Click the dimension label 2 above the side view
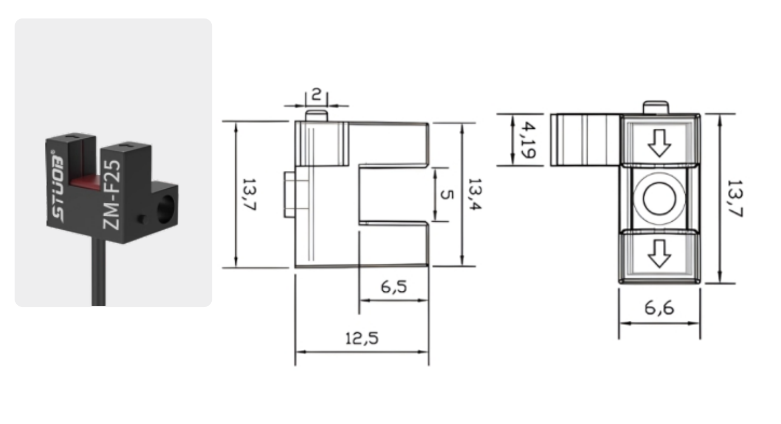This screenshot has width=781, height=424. pyautogui.click(x=316, y=94)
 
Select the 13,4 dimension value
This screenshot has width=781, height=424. pyautogui.click(x=475, y=194)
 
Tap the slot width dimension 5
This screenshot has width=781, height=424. pyautogui.click(x=447, y=194)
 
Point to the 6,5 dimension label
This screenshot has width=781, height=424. pyautogui.click(x=394, y=287)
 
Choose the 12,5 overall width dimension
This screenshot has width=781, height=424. pyautogui.click(x=361, y=338)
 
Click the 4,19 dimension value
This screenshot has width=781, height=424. pyautogui.click(x=528, y=140)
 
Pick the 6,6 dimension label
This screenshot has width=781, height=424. pyautogui.click(x=659, y=308)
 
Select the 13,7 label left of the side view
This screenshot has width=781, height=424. pyautogui.click(x=249, y=194)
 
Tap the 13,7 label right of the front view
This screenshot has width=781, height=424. pyautogui.click(x=735, y=198)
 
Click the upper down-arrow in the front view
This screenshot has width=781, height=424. pyautogui.click(x=659, y=143)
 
